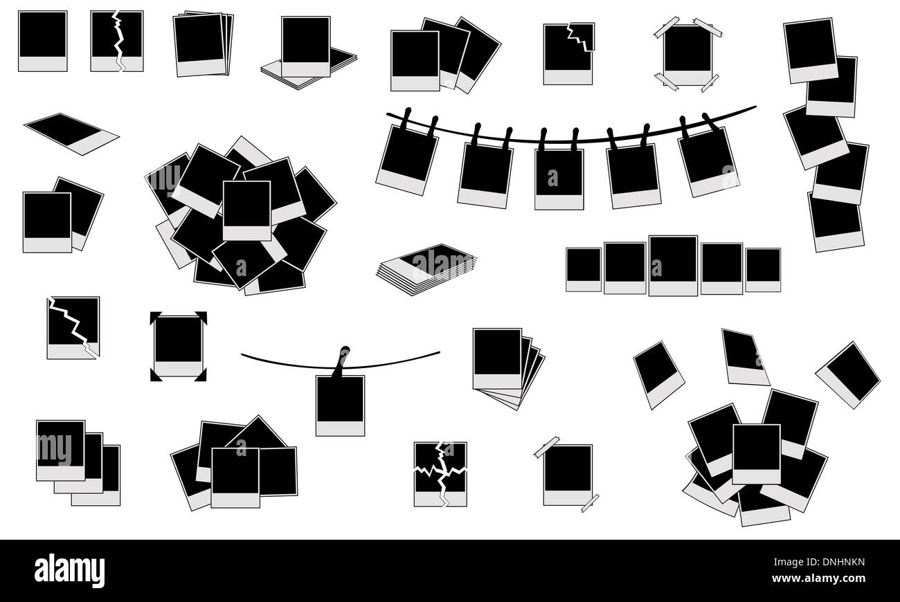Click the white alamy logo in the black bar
tap(69, 571)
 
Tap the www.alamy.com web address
tap(818, 578)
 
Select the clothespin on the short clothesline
tap(341, 361)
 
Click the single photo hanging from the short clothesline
tap(340, 405)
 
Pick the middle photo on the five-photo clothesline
tap(559, 179)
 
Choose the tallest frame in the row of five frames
tap(673, 266)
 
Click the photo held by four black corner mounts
tap(178, 346)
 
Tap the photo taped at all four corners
tap(687, 55)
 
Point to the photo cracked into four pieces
tap(440, 474)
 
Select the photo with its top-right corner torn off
tap(568, 54)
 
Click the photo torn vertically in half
tap(117, 41)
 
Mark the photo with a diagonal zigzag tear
tap(73, 328)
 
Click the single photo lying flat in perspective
tap(71, 134)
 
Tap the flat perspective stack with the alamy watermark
tap(426, 269)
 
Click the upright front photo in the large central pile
tap(246, 210)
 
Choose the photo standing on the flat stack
tap(306, 46)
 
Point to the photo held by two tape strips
tap(568, 475)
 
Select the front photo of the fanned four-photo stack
tap(497, 358)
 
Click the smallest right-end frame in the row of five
tap(763, 270)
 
